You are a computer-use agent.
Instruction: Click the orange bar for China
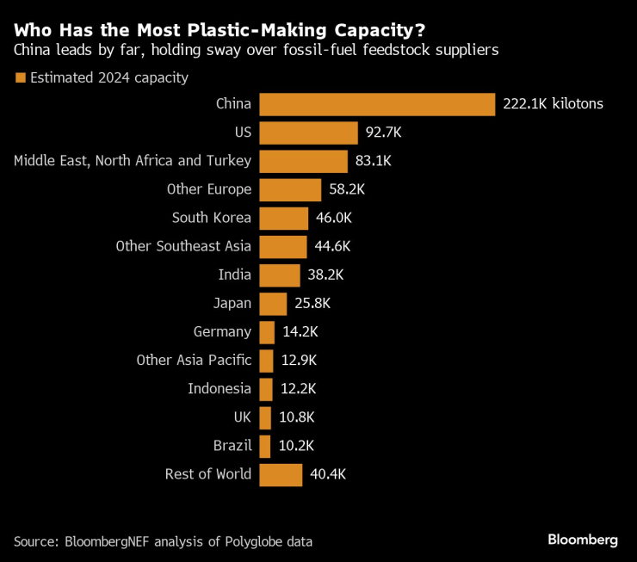[x=377, y=104]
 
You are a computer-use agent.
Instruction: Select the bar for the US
[x=308, y=133]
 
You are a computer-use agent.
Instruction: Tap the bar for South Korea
[x=283, y=218]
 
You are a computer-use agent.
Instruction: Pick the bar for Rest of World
[x=281, y=474]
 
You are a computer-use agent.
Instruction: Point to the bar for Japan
[x=273, y=303]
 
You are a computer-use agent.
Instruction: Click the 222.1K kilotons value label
[x=553, y=104]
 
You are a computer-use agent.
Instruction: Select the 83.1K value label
[x=372, y=161]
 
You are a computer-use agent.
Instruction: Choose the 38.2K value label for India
[x=325, y=275]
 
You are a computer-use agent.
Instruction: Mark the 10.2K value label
[x=296, y=446]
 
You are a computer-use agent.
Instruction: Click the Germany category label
[x=222, y=331]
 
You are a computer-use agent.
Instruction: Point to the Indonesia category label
[x=220, y=388]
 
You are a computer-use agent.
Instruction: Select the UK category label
[x=242, y=417]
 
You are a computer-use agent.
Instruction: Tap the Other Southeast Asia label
[x=183, y=246]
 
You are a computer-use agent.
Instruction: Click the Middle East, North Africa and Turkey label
[x=133, y=161]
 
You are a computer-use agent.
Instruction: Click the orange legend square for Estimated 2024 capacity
[x=20, y=78]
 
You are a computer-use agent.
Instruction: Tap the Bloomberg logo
[x=583, y=540]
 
